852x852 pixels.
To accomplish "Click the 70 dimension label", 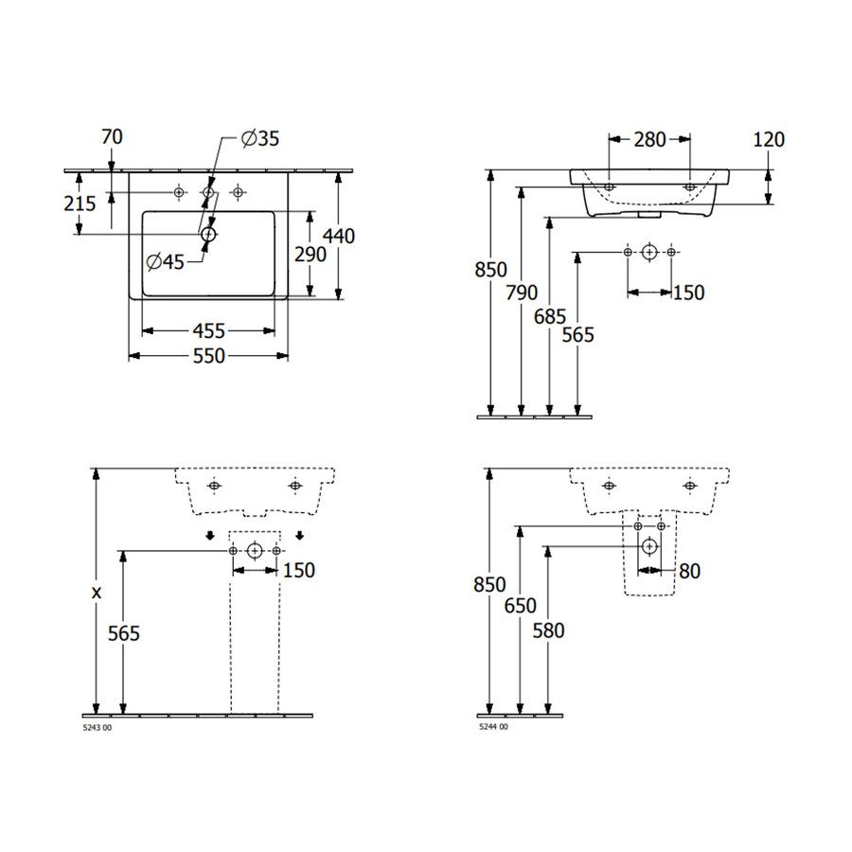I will click(x=112, y=137).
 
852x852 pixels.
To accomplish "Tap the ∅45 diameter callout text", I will click(x=166, y=262).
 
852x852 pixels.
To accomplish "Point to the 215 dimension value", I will click(x=80, y=204).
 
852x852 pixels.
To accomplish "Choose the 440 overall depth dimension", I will click(x=338, y=235).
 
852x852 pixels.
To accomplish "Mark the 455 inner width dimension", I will click(x=208, y=330).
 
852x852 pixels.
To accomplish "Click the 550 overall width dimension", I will click(x=208, y=356).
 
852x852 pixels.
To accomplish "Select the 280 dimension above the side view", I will click(x=649, y=140).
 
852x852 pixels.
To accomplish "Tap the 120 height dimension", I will click(x=769, y=140).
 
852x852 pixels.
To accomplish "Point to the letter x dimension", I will click(x=96, y=593).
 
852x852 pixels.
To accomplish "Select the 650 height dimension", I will click(x=520, y=605).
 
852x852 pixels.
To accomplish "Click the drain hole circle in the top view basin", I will click(x=208, y=232).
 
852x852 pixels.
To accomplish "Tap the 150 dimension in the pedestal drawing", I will click(x=298, y=571).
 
